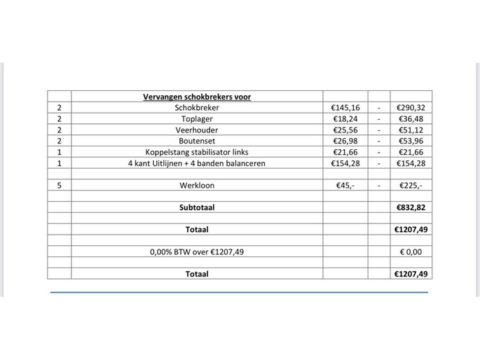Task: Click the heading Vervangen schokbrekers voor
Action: (x=196, y=97)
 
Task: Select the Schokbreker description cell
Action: (x=196, y=108)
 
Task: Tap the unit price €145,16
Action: (x=345, y=108)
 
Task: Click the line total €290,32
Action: (x=411, y=108)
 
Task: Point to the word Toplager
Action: (x=196, y=119)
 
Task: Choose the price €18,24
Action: (x=346, y=119)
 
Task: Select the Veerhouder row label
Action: (x=196, y=130)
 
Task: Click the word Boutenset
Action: (x=196, y=141)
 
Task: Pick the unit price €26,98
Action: (x=346, y=141)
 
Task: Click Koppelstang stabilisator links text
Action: (x=196, y=152)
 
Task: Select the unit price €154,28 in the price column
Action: (x=345, y=163)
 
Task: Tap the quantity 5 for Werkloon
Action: (x=59, y=186)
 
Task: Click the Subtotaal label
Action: (x=196, y=207)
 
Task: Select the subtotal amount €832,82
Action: (x=411, y=207)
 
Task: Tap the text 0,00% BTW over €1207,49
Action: (x=196, y=251)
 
